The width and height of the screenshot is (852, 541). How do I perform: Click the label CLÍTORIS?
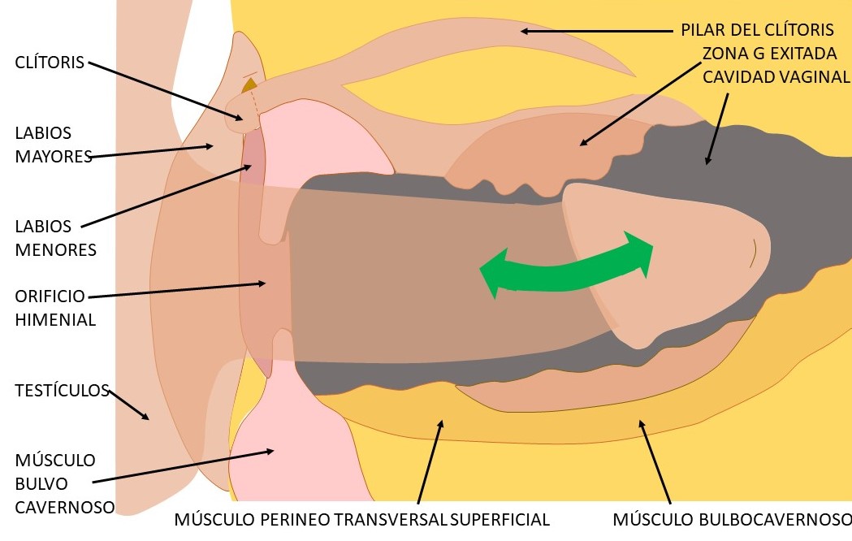point(50,63)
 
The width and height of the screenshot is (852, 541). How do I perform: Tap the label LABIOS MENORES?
point(55,238)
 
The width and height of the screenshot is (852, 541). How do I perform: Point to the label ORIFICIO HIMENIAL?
point(55,307)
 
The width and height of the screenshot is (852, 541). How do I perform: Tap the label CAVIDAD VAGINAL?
point(776,77)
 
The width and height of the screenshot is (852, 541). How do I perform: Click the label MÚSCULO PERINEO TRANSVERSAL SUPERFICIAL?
point(362,520)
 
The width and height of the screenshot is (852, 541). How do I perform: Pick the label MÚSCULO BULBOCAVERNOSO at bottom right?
point(731,520)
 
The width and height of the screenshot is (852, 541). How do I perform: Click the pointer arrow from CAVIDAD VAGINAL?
point(717,128)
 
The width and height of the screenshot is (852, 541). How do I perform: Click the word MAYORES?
point(54,156)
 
